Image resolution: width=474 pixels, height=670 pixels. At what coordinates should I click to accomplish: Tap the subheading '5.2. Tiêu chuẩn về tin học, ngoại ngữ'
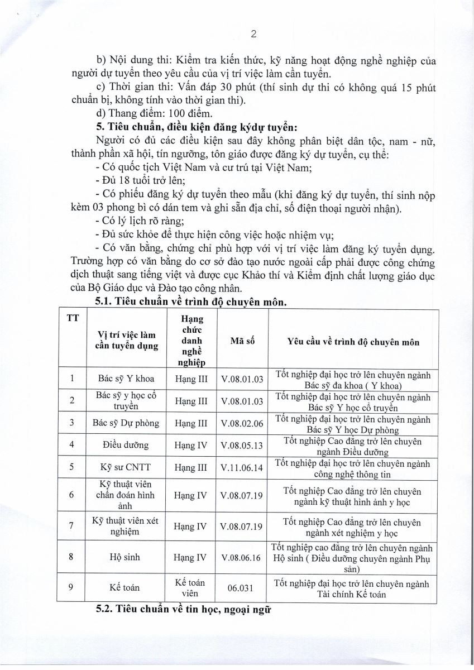coord(184,610)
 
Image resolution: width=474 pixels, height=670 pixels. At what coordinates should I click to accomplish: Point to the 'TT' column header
coord(72,319)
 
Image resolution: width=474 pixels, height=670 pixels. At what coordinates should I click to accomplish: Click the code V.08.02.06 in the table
coord(242,423)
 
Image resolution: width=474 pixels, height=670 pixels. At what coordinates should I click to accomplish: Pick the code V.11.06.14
coord(242,467)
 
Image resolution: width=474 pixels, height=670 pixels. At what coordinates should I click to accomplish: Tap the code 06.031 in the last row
coord(242,587)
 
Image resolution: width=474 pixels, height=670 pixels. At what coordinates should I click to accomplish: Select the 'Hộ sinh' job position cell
coord(126,557)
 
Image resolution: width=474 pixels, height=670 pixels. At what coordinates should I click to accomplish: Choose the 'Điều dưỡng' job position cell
coord(126,445)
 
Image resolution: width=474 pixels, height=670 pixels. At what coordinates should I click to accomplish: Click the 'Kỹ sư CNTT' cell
coord(126,467)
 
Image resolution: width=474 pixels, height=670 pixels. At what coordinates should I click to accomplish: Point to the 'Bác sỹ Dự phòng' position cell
coord(126,423)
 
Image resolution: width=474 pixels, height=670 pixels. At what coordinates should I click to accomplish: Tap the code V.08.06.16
coord(242,557)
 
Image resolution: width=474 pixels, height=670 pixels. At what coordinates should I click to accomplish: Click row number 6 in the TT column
coord(71,495)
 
